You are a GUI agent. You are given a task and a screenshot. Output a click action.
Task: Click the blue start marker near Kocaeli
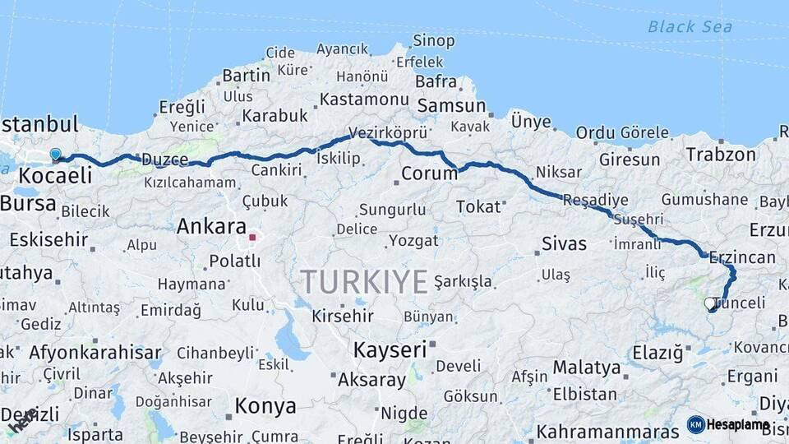point(55,154)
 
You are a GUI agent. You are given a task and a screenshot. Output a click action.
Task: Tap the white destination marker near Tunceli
point(709,303)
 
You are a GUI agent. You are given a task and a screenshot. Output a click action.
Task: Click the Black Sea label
point(690,27)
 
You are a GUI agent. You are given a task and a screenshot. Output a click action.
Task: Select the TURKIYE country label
point(363,281)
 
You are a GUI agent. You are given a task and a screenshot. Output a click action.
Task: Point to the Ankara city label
point(211,226)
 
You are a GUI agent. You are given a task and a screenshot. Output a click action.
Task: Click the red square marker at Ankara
point(253,238)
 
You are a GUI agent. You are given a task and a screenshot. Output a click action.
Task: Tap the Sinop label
point(433,40)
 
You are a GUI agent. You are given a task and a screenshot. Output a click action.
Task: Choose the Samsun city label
point(451,106)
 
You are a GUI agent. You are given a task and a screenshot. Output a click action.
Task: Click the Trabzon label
point(721,155)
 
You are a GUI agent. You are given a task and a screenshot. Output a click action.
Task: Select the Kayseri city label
point(390,349)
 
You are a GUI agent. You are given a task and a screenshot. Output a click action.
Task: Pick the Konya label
point(265,406)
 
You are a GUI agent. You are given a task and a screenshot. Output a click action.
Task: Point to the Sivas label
point(565,243)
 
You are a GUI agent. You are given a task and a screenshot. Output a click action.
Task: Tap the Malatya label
point(586,367)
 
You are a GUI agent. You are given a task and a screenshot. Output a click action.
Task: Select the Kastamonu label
point(364,99)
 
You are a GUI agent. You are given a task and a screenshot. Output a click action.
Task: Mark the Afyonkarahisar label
point(95,354)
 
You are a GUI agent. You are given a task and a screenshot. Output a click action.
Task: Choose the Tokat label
point(478,206)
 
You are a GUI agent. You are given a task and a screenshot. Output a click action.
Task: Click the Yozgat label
point(413,241)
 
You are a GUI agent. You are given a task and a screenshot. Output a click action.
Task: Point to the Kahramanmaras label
point(607,431)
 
